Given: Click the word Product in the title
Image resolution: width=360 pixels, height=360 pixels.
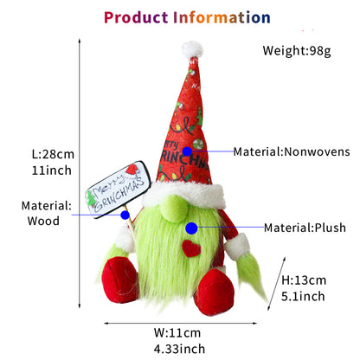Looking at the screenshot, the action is pos(136,17).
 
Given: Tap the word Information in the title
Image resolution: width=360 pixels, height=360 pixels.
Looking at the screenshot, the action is pos(222,17).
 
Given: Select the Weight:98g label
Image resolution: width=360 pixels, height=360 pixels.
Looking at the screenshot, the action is pos(297,51).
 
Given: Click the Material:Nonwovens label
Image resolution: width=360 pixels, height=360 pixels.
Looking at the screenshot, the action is pos(292,151).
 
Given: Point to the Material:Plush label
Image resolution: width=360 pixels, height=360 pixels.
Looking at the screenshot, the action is pos(305,228).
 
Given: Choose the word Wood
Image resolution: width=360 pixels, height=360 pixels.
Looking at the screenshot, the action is pos(43,221).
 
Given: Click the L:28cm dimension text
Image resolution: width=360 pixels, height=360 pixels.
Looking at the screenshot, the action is pos(53,154).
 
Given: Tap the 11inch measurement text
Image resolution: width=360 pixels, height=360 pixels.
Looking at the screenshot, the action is pos(51,170).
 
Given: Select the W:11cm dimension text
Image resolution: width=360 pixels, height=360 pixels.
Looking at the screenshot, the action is pos(177,333).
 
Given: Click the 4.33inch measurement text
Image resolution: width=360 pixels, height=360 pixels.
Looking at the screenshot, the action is pos(179,349).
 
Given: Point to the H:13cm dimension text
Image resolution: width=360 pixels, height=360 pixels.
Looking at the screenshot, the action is pos(304,280).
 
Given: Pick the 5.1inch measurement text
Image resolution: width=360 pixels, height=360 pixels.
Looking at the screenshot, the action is pos(303,296).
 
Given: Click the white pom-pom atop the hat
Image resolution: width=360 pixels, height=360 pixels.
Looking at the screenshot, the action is pos(192,49).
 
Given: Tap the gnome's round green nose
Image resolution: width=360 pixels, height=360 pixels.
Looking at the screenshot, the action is pos(174,209).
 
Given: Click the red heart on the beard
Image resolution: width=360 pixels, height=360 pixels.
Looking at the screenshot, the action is pos(191,248).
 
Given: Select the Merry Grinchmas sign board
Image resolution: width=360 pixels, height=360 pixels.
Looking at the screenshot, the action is pos(118,190).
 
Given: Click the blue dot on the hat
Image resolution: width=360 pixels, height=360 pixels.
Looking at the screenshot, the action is pos(187,151).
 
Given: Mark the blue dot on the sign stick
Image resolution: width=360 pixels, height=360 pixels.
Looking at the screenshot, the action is pos(125,215).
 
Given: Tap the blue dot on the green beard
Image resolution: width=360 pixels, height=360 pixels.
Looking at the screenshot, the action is pos(191,228).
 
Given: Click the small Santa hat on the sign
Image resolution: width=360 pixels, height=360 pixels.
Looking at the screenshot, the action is pos(132,170).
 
